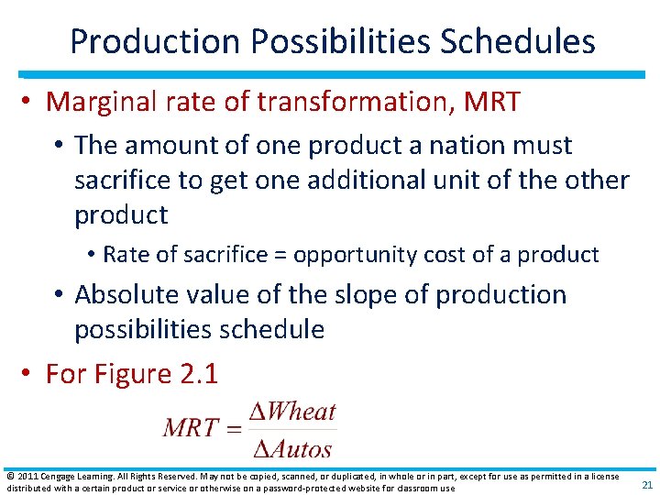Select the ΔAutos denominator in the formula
click(291, 447)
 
